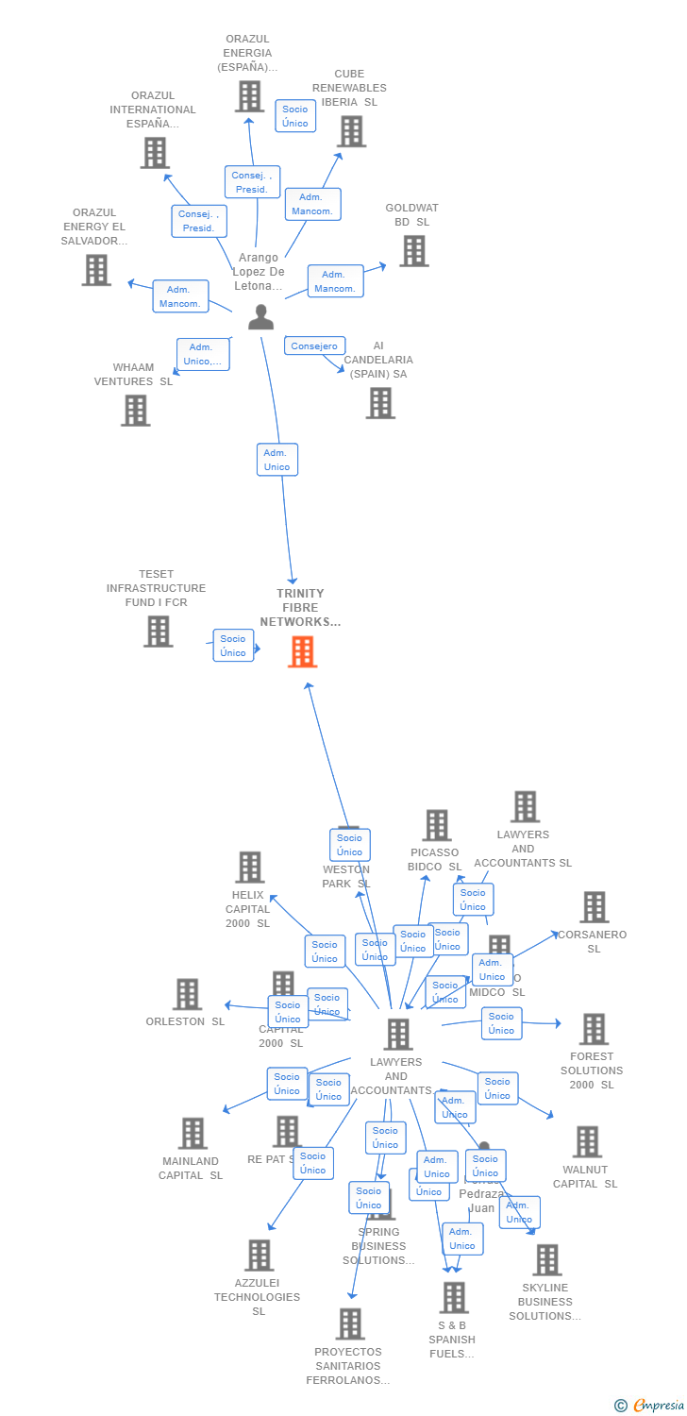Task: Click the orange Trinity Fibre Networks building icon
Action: [x=302, y=651]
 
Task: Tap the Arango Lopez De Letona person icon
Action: [x=260, y=317]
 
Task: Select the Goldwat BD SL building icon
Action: [x=413, y=251]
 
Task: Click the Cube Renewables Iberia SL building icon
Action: [x=351, y=131]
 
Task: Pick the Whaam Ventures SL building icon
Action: [x=135, y=410]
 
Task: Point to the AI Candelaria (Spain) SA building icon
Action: [x=380, y=403]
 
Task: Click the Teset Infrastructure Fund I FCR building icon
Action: [x=158, y=631]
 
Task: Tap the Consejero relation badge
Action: [x=314, y=346]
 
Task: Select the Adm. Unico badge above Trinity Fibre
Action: [x=277, y=460]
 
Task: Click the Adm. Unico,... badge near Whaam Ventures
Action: [x=202, y=354]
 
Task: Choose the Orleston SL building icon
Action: [x=187, y=994]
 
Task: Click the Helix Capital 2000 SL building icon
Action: [x=249, y=867]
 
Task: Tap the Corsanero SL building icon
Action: [x=594, y=907]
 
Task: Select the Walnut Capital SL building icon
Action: [x=586, y=1141]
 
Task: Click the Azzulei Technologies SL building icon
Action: [x=259, y=1255]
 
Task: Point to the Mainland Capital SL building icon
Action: [x=192, y=1133]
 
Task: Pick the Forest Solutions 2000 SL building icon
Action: [x=593, y=1029]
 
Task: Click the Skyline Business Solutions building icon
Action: [x=546, y=1259]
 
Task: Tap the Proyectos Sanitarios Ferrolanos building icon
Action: [x=350, y=1323]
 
